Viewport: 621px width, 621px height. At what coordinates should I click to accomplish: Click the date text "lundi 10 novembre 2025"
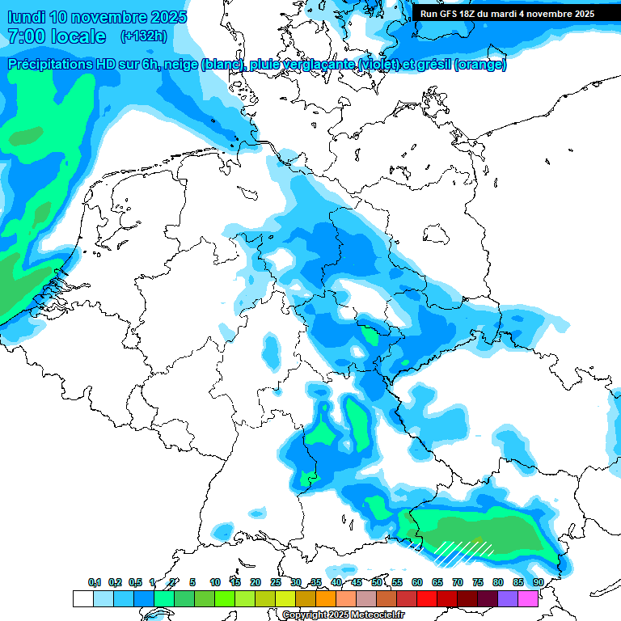97,17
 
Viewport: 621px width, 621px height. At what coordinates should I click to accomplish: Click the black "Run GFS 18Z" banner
507,14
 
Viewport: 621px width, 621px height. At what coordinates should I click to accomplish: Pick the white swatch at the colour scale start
82,599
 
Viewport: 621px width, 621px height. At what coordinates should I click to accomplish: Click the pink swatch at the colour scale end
528,599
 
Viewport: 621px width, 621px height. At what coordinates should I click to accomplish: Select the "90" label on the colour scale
538,582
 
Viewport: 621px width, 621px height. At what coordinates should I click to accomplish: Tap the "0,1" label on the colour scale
95,582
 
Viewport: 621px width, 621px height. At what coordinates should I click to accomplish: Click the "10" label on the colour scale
215,582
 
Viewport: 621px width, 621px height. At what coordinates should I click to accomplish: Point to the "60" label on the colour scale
417,582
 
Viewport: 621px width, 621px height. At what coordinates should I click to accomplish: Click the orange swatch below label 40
326,599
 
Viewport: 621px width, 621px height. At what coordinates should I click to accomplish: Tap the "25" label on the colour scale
276,582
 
